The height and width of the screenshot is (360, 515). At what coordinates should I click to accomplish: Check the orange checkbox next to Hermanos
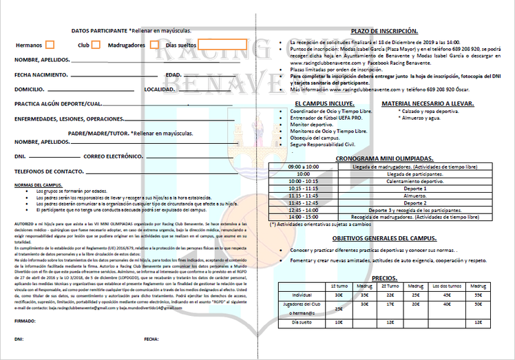pyautogui.click(x=50, y=45)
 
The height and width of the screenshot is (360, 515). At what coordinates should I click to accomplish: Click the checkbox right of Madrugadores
pyautogui.click(x=154, y=45)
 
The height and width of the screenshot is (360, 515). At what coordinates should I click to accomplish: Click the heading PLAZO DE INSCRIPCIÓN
pyautogui.click(x=384, y=31)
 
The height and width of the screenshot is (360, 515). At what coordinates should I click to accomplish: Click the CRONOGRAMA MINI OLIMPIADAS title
pyautogui.click(x=384, y=158)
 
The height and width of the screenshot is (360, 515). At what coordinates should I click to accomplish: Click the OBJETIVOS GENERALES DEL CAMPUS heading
pyautogui.click(x=384, y=237)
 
